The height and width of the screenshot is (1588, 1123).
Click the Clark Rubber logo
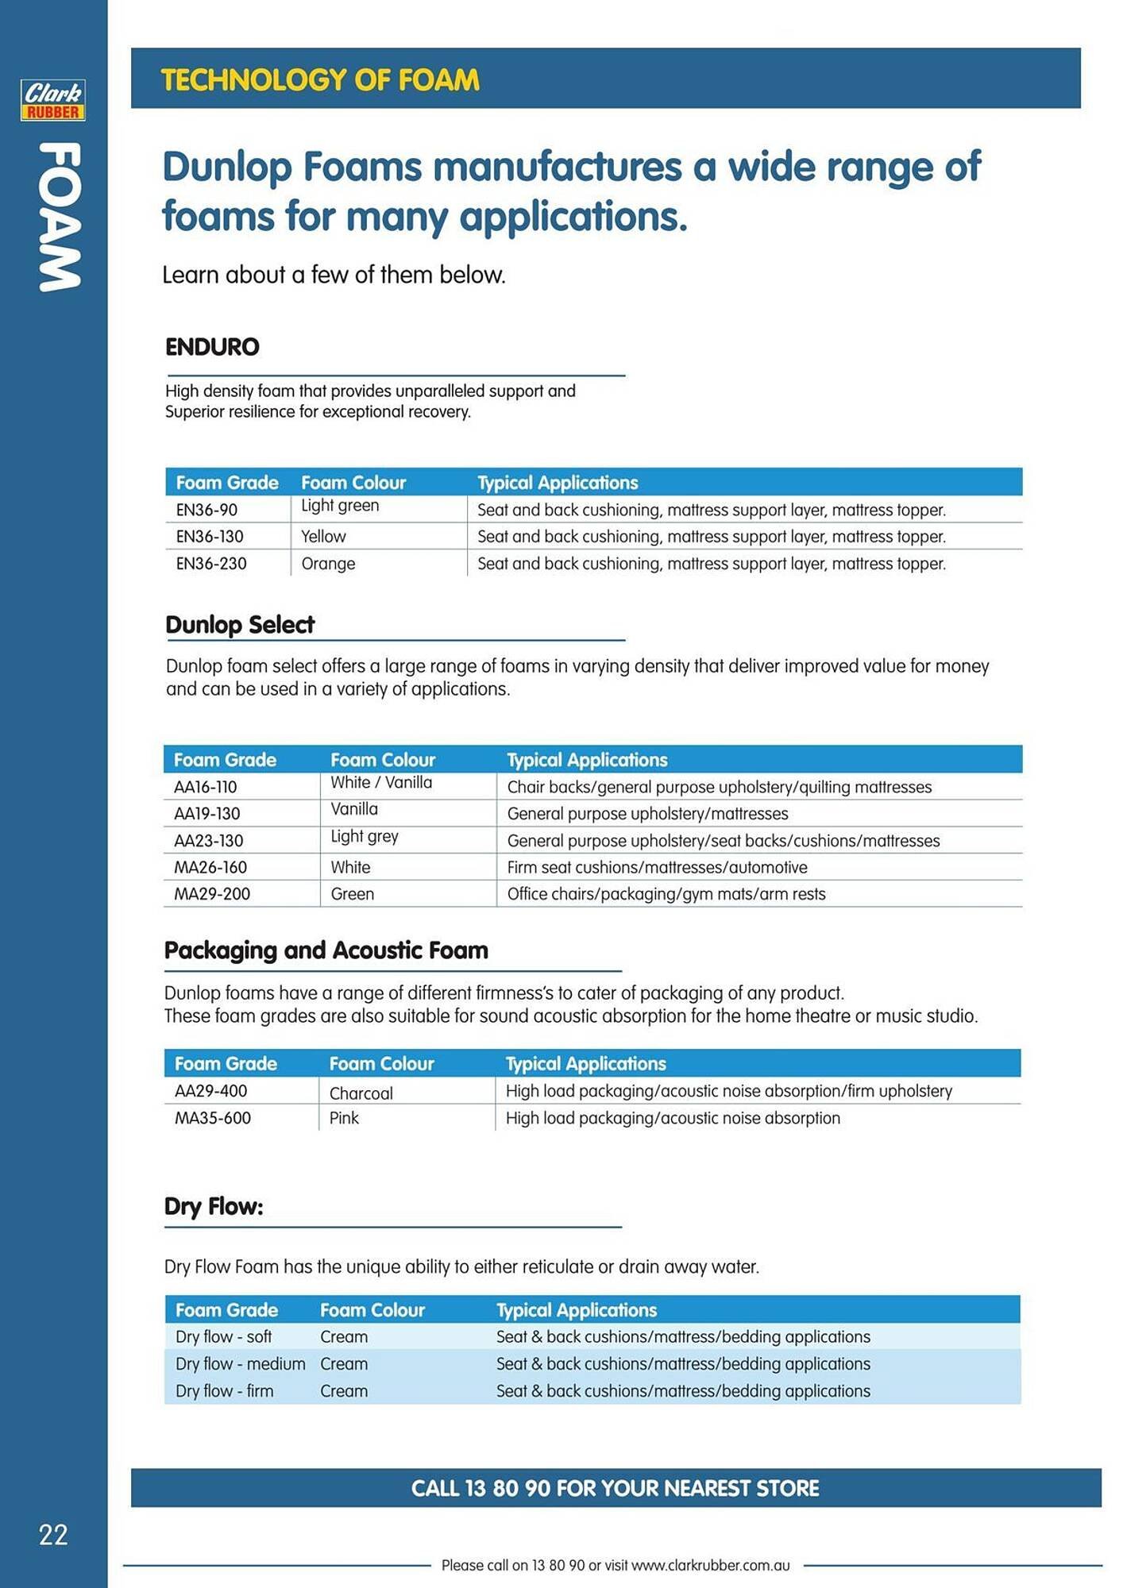coord(53,100)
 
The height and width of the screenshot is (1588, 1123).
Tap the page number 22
coord(53,1535)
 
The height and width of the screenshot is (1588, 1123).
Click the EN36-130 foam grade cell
coord(210,537)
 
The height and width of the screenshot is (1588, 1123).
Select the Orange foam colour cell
coord(328,564)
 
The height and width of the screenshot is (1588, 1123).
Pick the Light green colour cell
coord(340,506)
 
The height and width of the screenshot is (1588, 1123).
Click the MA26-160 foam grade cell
coord(210,867)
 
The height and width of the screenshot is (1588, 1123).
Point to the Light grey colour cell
coord(365,836)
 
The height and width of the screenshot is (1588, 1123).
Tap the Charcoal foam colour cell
coord(361,1093)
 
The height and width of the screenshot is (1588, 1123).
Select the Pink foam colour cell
coord(344,1118)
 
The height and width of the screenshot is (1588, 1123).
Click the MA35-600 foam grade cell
coord(213,1118)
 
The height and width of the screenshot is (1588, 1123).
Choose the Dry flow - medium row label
coord(240,1364)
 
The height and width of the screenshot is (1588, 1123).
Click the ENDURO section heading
coord(212,347)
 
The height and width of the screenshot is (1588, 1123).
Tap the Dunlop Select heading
coord(240,625)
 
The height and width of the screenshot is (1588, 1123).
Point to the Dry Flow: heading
coord(214,1207)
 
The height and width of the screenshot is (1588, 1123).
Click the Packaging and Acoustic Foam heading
coord(326,950)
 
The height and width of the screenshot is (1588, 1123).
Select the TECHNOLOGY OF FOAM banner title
coord(320,80)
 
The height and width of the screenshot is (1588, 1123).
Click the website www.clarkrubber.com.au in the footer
coord(710,1566)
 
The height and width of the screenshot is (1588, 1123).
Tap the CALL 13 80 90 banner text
coord(615,1488)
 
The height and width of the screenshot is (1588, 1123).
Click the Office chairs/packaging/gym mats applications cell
coord(666,894)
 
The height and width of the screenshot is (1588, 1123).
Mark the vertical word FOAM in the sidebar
coord(59,217)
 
